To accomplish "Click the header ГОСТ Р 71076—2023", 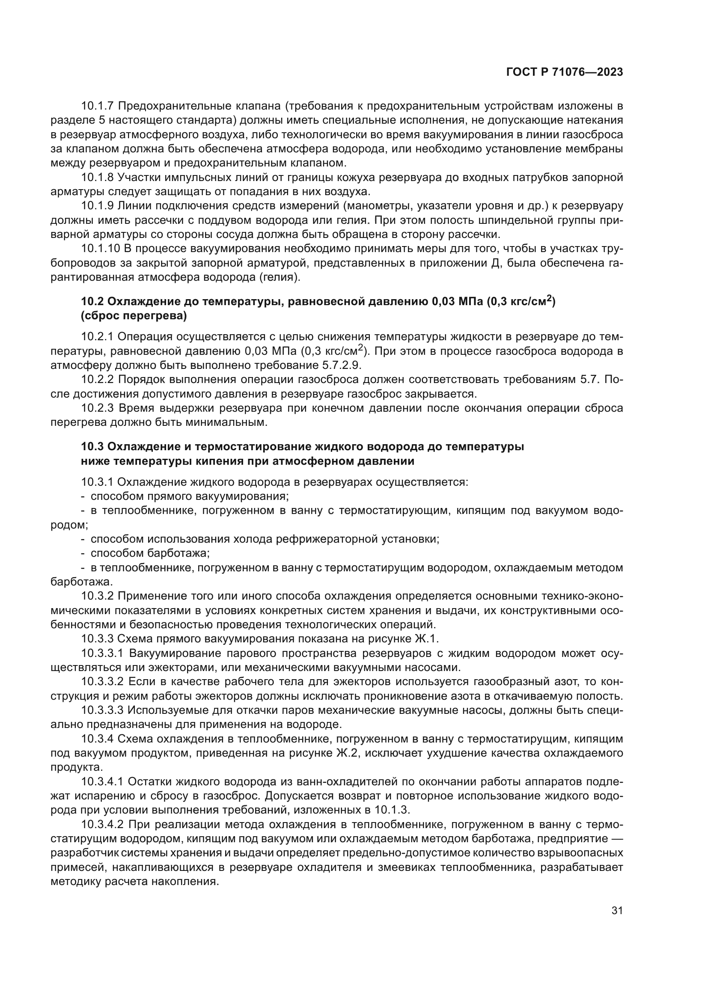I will click(x=564, y=72).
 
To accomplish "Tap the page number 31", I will click(x=617, y=911).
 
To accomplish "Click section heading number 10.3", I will click(x=92, y=447).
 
